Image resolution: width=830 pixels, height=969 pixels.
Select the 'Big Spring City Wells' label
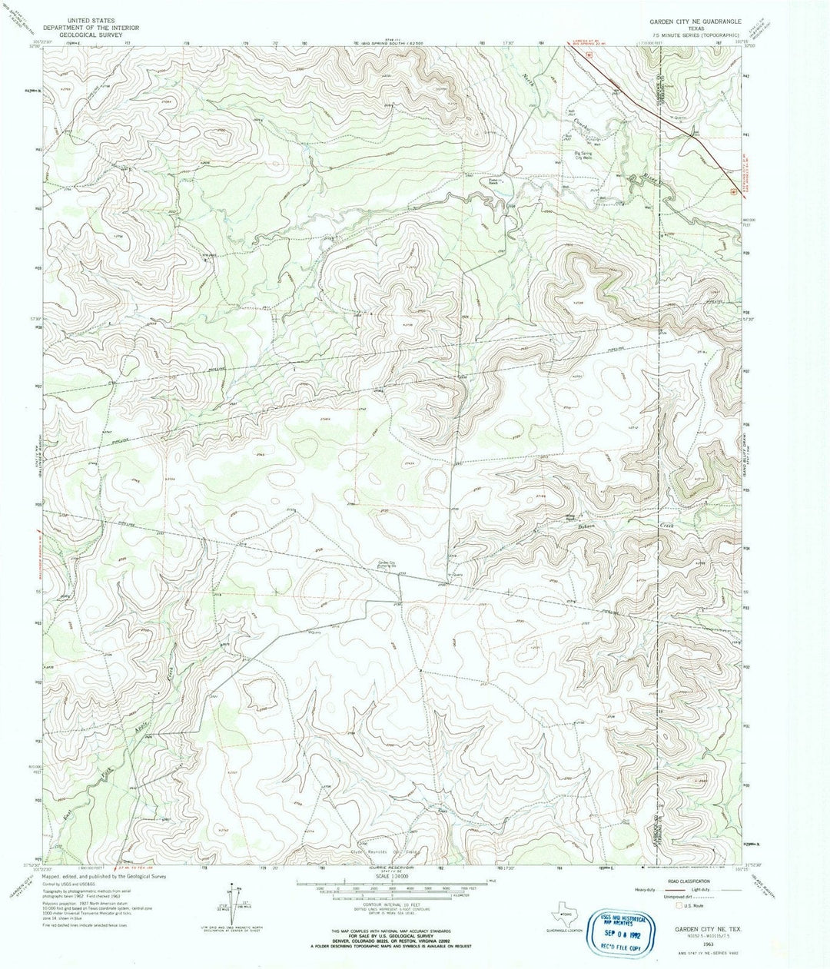pos(589,156)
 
